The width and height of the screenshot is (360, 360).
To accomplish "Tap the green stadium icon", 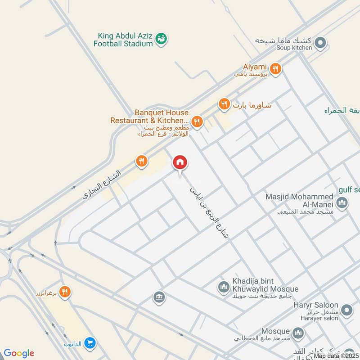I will [161, 40].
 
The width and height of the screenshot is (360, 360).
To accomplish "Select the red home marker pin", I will [180, 163].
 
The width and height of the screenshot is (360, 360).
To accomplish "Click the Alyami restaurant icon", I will [276, 69].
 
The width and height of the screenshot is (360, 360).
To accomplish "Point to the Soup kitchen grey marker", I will [320, 43].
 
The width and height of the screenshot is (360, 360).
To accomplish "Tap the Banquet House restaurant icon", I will [196, 121].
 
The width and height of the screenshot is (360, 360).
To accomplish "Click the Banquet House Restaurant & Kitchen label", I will [149, 117].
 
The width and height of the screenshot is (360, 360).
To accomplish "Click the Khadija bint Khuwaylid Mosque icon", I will [224, 286].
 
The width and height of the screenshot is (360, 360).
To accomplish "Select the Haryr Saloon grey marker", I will [346, 310].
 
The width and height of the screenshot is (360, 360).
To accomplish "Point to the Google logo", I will [18, 353].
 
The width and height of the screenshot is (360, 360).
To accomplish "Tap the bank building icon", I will [158, 297].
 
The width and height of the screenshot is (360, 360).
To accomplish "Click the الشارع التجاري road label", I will [103, 185].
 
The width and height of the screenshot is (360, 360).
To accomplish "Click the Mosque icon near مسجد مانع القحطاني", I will [297, 333].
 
